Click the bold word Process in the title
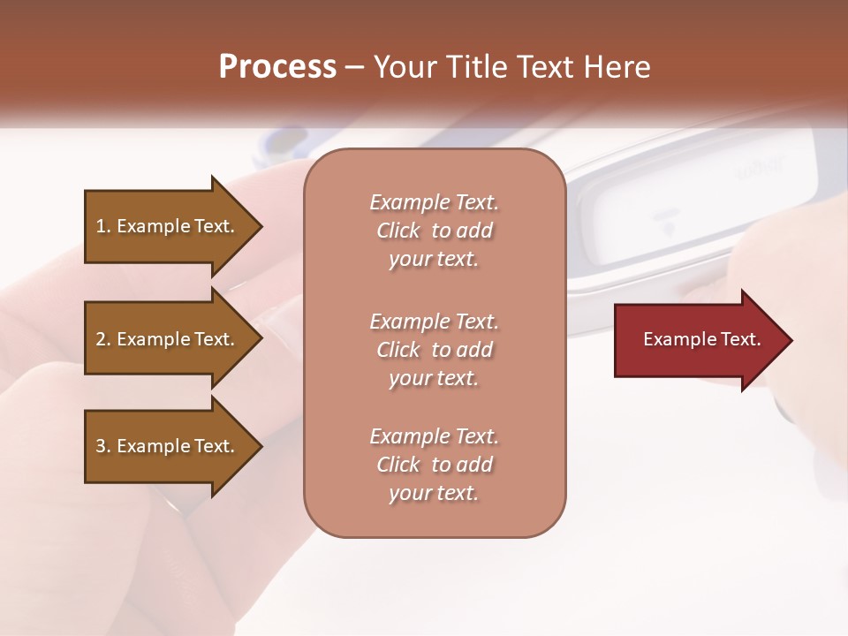coord(277,67)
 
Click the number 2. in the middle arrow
coord(103,339)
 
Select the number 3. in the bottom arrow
coord(103,446)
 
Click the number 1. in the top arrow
coord(102,226)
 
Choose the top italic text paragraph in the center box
coord(434,231)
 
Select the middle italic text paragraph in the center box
coord(434,350)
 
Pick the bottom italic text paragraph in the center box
coord(434,465)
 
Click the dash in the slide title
coord(355,67)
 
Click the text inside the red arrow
coord(701,339)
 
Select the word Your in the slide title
coord(405,67)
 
